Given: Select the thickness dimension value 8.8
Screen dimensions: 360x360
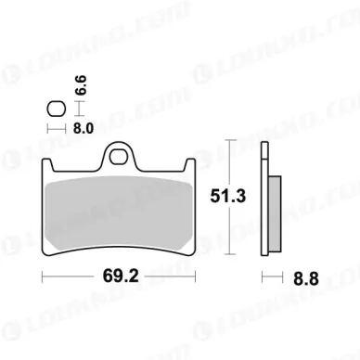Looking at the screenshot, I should (x=289, y=276).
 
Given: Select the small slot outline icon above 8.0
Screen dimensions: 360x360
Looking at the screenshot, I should (x=54, y=109).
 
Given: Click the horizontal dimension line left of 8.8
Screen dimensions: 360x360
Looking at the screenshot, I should (x=268, y=276).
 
